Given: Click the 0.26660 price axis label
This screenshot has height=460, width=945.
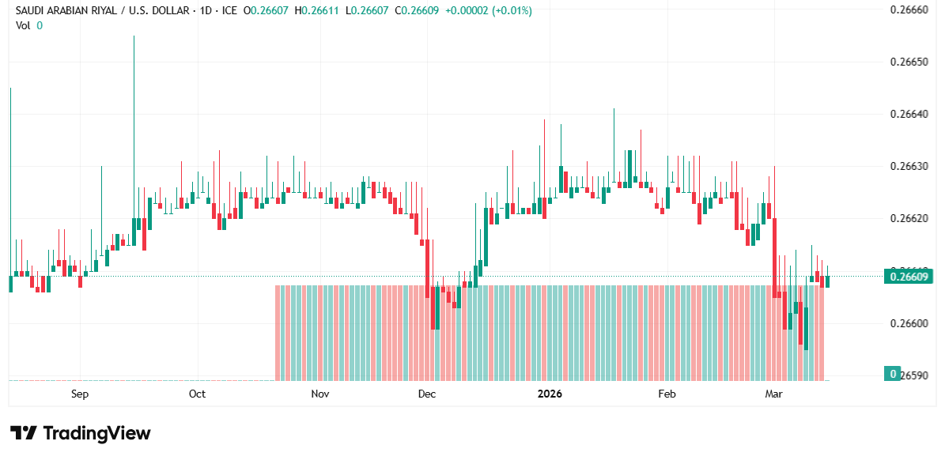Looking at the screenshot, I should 909,10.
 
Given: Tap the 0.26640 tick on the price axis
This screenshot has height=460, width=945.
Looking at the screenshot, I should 909,115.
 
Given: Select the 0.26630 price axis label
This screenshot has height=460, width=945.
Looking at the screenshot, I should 909,167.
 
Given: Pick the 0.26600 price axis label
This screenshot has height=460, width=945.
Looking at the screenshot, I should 909,323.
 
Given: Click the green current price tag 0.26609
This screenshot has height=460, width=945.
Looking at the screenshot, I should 909,277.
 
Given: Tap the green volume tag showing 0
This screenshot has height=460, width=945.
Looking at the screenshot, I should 893,374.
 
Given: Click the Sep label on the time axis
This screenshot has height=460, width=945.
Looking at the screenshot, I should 79,394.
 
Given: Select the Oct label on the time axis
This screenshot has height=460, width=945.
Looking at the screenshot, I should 197,394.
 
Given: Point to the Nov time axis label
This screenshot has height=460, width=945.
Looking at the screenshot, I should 319,394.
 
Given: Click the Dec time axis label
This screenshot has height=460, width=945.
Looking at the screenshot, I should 426,394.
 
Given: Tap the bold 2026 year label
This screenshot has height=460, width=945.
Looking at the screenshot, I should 549,394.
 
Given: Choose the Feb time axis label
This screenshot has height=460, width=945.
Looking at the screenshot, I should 667,394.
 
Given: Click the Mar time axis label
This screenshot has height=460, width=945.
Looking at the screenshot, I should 773,394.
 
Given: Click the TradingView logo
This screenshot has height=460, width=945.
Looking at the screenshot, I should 80,433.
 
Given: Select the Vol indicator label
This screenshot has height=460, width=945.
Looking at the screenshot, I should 23,25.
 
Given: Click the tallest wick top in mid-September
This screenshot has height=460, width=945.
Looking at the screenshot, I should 134,36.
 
